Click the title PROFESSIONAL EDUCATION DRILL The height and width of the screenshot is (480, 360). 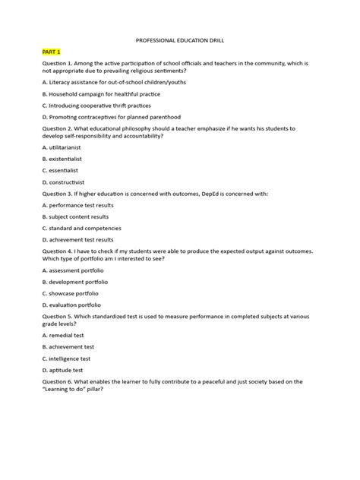point(180,36)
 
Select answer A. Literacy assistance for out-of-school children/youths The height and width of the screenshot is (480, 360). point(103,81)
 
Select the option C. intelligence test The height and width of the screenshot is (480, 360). point(66,358)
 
